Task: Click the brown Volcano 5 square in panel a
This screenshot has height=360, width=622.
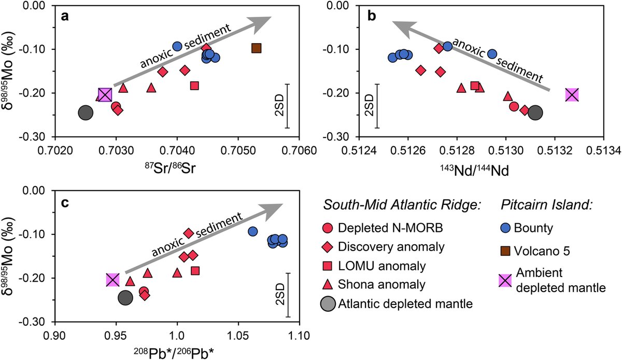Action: click(256, 48)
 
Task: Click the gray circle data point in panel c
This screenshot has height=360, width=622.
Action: click(126, 297)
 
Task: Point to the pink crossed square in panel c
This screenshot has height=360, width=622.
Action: click(113, 280)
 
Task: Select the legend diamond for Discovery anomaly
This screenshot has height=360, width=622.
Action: click(328, 247)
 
